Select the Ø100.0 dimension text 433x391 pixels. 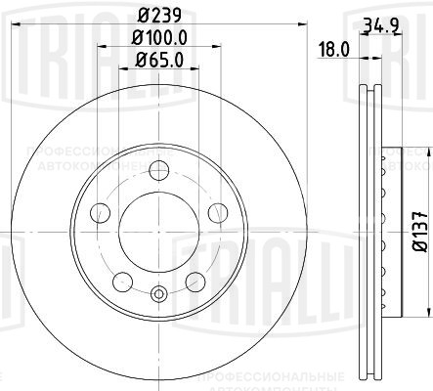coord(159,38)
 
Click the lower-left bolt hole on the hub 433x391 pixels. coord(123,282)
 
